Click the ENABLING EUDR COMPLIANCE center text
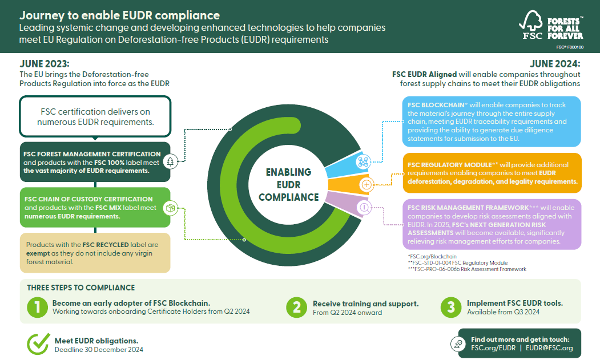pyautogui.click(x=288, y=184)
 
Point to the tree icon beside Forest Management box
pyautogui.click(x=170, y=161)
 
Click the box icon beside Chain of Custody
pyautogui.click(x=170, y=208)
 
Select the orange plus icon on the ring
pyautogui.click(x=367, y=184)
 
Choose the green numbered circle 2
pyautogui.click(x=297, y=308)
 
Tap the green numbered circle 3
pyautogui.click(x=451, y=308)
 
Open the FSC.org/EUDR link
pyautogui.click(x=493, y=347)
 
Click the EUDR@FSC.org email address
pyautogui.click(x=549, y=347)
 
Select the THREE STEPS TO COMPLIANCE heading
pyautogui.click(x=80, y=288)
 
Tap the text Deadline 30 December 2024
pyautogui.click(x=99, y=350)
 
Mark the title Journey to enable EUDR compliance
pyautogui.click(x=119, y=15)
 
